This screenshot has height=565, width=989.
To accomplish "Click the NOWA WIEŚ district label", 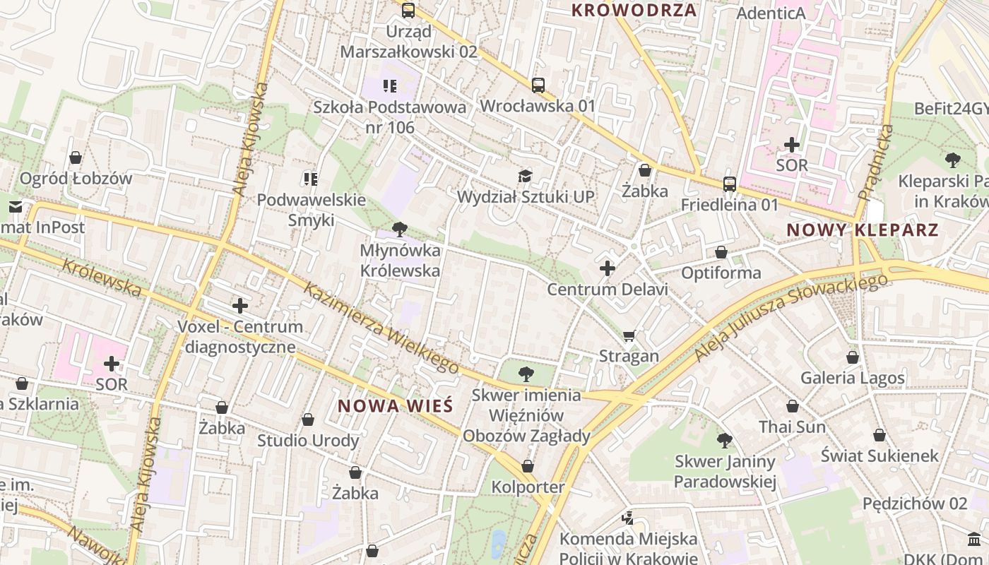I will [395, 406].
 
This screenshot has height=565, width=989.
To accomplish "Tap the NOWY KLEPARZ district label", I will [863, 230].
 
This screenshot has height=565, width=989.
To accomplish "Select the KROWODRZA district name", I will [634, 10].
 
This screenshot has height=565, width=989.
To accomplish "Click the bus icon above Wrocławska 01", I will [538, 85].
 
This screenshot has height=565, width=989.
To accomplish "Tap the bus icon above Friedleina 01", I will [730, 184].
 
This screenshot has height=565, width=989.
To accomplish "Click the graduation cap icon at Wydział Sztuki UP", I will [525, 176].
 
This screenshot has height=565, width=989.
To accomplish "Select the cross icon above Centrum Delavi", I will [608, 268].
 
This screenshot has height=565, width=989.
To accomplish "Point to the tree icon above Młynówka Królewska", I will [400, 229].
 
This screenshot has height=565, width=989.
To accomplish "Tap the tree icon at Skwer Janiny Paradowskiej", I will [724, 441].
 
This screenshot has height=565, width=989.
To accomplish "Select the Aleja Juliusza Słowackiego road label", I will [791, 317].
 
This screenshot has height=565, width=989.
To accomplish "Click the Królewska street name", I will [102, 277].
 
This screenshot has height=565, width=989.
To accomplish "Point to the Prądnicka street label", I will [876, 163].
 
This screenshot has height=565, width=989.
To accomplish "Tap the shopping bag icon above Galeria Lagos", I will [853, 357].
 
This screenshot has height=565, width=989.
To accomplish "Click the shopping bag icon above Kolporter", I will [528, 466].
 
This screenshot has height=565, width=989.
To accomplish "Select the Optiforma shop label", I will [721, 273].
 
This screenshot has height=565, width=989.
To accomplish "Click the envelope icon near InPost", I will [16, 207].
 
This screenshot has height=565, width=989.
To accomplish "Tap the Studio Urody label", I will [308, 441].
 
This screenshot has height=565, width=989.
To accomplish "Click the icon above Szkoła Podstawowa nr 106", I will [389, 86].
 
